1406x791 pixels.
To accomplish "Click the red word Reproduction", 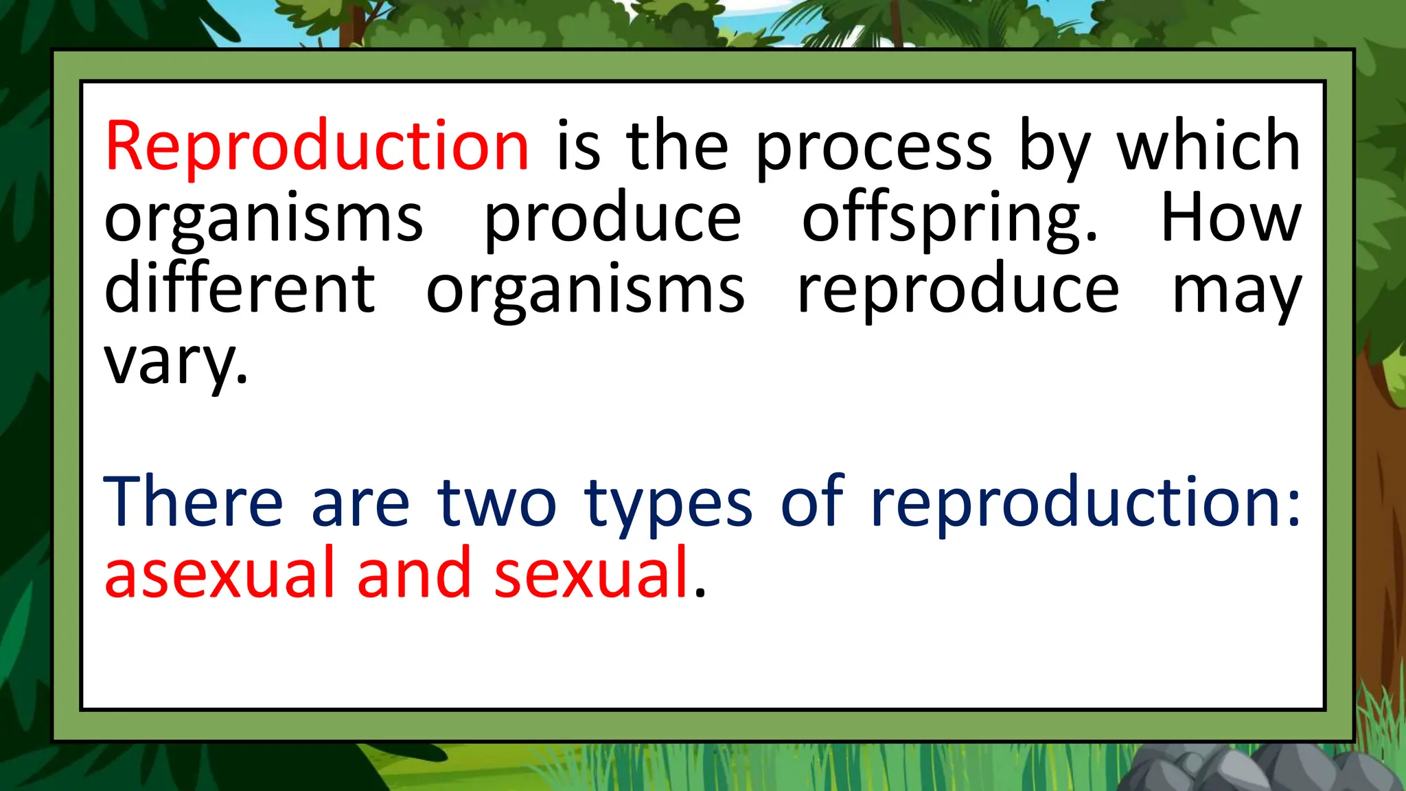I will tap(317, 146).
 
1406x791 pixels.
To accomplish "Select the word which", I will tap(1208, 146).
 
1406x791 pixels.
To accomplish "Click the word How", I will tap(1230, 218).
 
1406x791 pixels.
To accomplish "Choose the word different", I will tap(240, 290).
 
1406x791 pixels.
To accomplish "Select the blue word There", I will tap(193, 503).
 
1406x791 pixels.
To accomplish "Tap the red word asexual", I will tap(220, 574).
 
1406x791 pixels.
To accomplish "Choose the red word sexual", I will tap(591, 574).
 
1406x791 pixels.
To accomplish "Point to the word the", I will tap(677, 146).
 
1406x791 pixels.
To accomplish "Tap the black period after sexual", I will tap(700, 593).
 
